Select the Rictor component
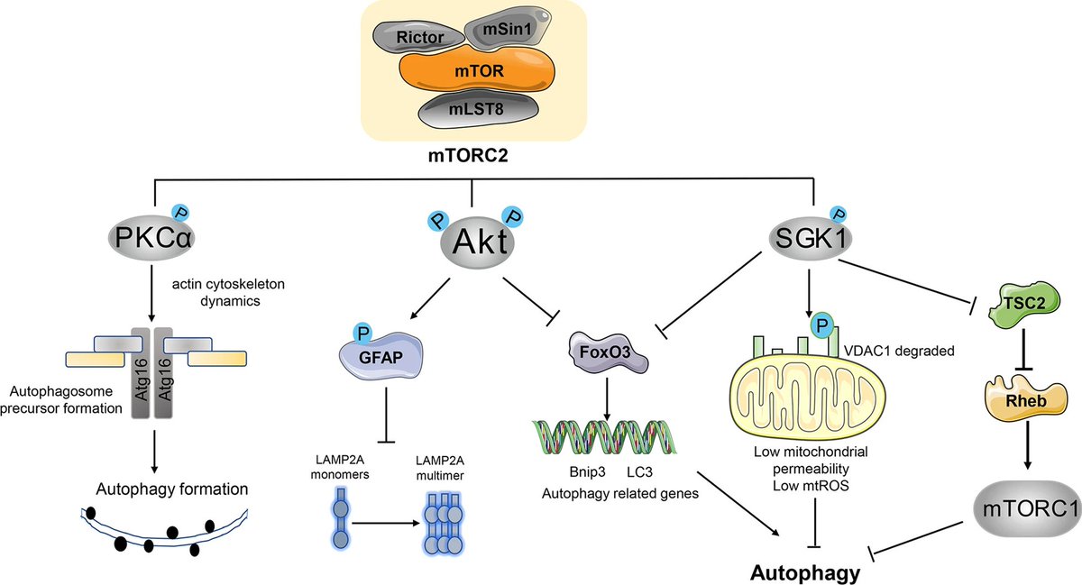[x=422, y=38]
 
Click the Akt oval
[x=473, y=242]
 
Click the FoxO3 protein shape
[x=609, y=352]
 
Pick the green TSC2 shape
[x=1021, y=305]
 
